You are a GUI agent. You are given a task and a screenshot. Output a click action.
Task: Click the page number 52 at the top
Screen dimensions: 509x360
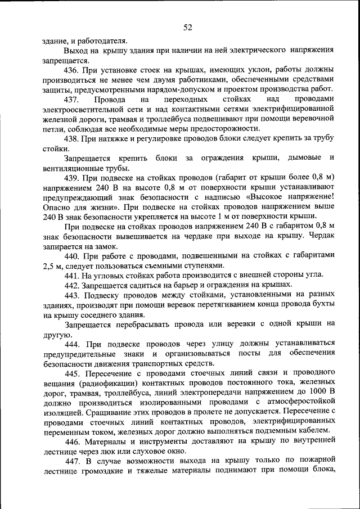click(188, 28)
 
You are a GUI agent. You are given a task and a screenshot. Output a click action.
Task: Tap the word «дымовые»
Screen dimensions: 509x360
click(303, 158)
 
